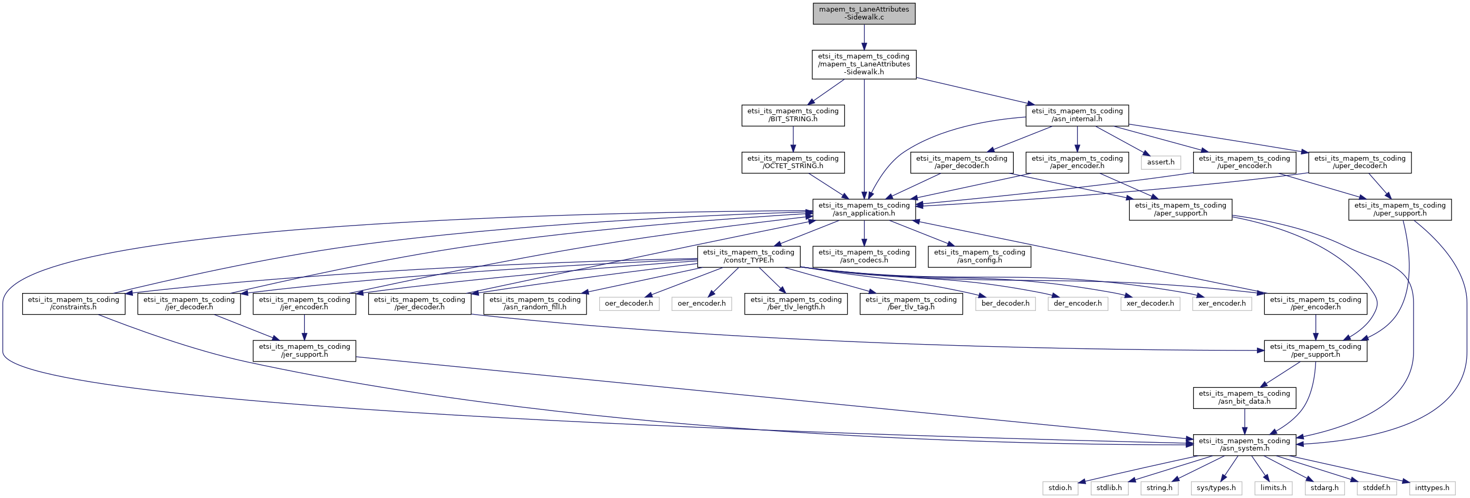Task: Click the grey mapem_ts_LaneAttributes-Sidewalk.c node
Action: pos(864,13)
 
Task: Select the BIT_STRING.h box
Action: pos(793,115)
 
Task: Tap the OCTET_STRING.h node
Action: pos(793,163)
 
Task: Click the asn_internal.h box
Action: pos(1077,115)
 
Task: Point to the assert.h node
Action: pos(1161,163)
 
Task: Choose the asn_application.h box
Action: pos(864,209)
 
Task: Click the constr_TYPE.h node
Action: pos(748,256)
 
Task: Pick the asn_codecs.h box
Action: pos(864,256)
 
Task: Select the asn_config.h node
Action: pos(979,256)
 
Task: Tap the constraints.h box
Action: pos(74,304)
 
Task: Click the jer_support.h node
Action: pos(304,350)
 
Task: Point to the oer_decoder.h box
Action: pos(629,304)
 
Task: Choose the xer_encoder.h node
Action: pos(1222,304)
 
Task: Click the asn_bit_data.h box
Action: pos(1244,397)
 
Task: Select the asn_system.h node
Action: pos(1244,444)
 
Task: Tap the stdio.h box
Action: pos(1060,488)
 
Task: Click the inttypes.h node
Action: pos(1431,488)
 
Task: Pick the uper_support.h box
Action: pos(1399,209)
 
